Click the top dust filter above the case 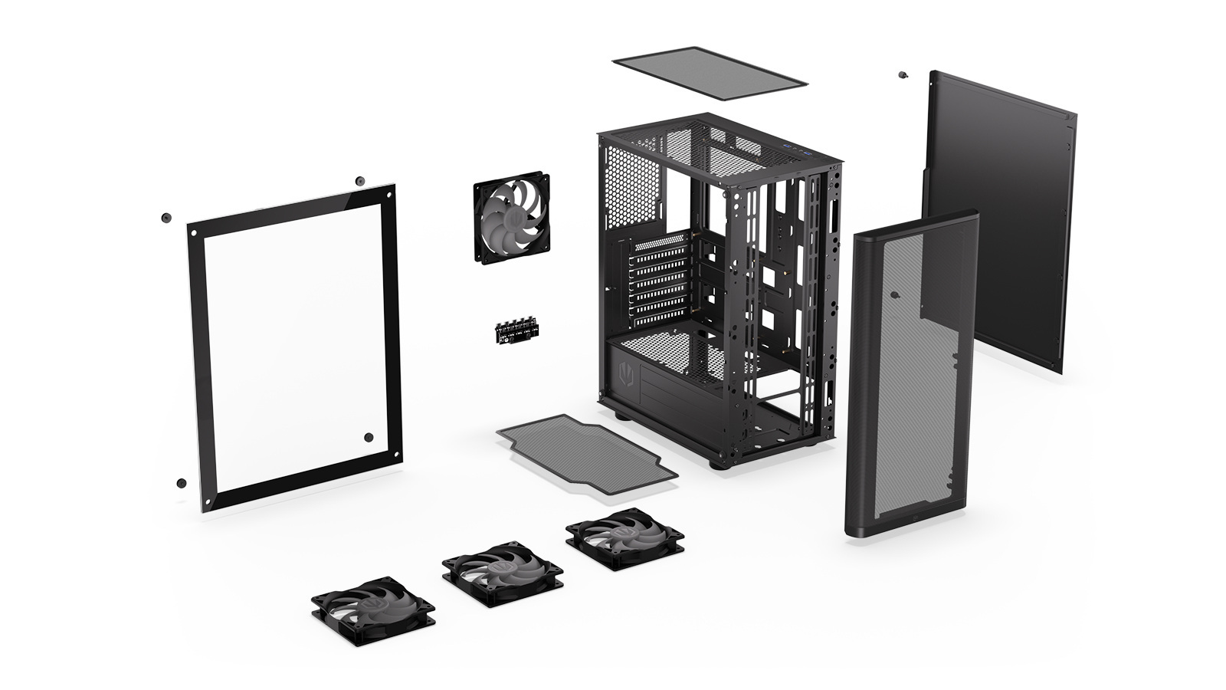(710, 73)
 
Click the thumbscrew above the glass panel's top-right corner (359, 181)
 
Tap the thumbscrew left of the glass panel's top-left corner (166, 218)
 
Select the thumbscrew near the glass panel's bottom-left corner (181, 483)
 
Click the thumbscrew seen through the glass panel (369, 437)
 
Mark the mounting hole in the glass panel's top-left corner (194, 233)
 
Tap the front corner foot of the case (717, 464)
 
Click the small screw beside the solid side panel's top (903, 75)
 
